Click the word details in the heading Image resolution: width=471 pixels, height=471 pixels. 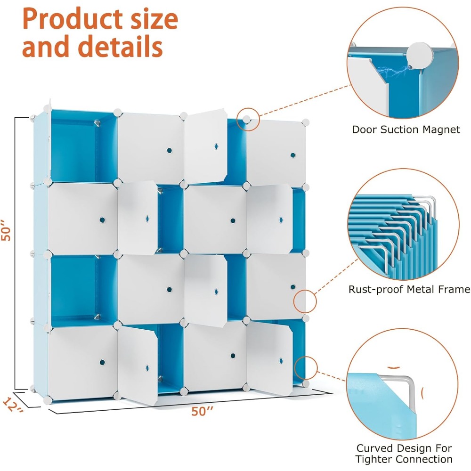click(x=121, y=46)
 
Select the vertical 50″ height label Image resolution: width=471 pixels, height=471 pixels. click(x=7, y=230)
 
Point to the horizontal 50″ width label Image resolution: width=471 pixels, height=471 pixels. click(x=202, y=411)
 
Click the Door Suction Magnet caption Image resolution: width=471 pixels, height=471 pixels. click(x=406, y=130)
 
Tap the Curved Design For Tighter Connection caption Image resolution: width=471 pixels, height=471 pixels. click(x=404, y=454)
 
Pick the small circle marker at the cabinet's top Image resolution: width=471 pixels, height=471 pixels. click(x=248, y=119)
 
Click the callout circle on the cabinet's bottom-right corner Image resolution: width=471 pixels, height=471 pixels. click(x=306, y=368)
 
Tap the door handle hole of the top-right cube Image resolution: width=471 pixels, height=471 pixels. click(x=292, y=155)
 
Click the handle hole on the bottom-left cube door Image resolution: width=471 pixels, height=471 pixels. click(x=102, y=362)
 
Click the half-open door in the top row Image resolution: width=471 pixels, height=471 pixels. click(x=205, y=146)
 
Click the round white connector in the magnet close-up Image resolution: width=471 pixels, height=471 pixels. click(x=421, y=54)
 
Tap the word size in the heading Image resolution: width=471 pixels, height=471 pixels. click(x=149, y=19)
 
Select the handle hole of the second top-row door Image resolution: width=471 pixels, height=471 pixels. click(x=170, y=151)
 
